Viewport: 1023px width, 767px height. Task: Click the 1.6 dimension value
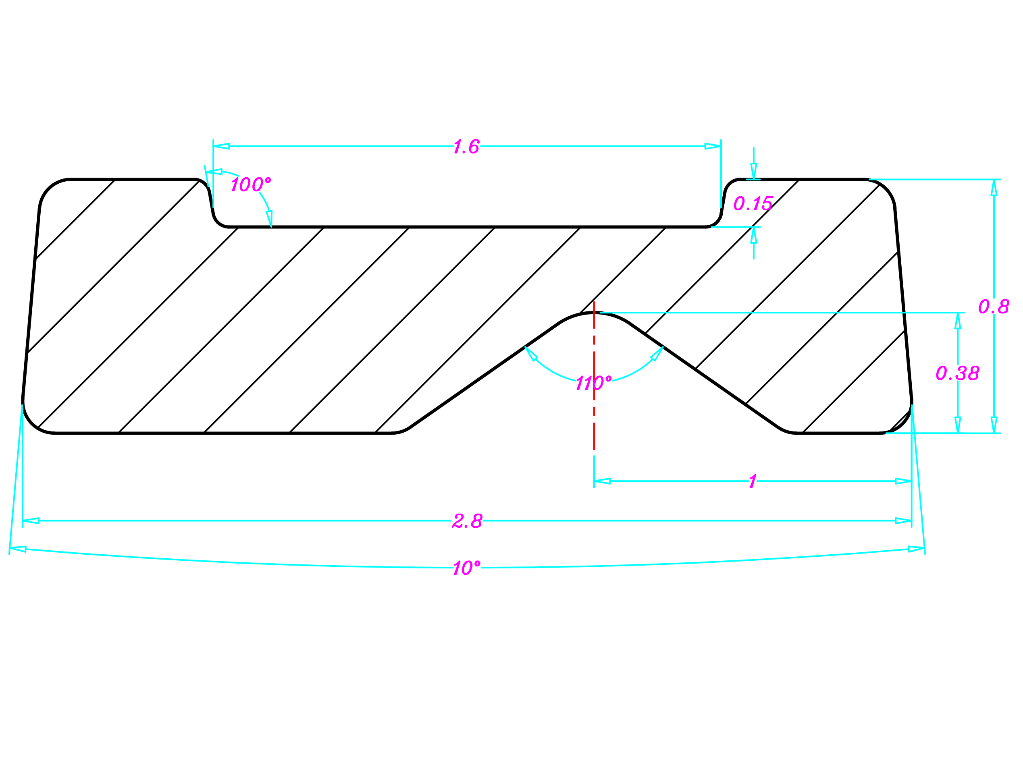coord(466,147)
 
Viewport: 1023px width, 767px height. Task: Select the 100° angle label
coord(250,184)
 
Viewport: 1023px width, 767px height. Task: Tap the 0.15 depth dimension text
coord(753,203)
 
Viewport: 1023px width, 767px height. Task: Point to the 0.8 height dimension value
coord(994,307)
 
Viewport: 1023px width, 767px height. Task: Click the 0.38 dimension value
coord(957,373)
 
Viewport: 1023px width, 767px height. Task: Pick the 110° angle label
coord(593,383)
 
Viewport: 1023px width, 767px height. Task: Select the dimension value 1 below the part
coord(753,481)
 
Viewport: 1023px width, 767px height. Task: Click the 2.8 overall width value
coord(467,521)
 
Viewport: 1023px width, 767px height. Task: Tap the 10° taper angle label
coord(466,568)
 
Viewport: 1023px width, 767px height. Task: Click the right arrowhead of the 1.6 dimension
coord(713,146)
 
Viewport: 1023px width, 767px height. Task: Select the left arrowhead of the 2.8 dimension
coord(31,520)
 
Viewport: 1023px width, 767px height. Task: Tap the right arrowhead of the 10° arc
coord(916,549)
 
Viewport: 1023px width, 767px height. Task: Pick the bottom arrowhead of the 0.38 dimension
coord(957,425)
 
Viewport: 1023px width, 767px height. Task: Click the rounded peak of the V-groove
coord(594,313)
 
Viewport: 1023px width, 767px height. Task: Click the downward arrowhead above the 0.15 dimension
coord(753,171)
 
